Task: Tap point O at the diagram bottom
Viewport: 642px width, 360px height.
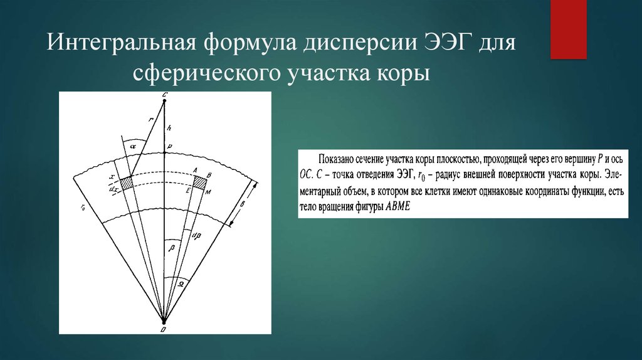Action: (x=164, y=328)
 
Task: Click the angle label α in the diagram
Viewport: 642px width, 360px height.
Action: (x=134, y=146)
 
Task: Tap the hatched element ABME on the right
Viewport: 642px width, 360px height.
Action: (x=200, y=182)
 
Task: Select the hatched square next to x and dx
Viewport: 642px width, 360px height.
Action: (x=127, y=183)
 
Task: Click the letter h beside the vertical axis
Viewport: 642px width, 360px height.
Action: (x=168, y=128)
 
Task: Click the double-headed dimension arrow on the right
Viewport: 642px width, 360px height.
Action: (x=243, y=203)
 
